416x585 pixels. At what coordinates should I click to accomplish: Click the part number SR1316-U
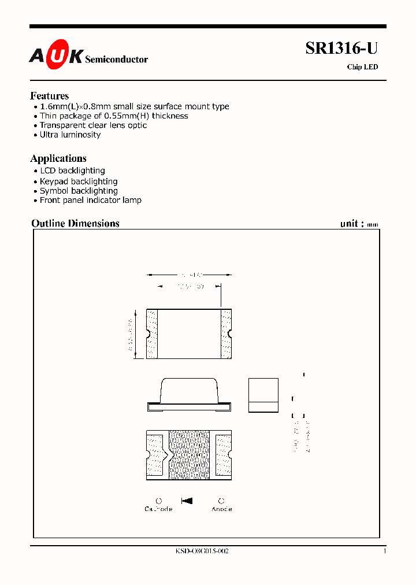click(x=341, y=50)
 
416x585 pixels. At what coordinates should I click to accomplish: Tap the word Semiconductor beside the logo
click(x=116, y=60)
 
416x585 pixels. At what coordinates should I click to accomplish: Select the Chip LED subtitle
click(x=362, y=67)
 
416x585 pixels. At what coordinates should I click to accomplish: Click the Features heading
click(x=49, y=96)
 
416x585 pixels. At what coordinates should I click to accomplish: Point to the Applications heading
click(x=58, y=158)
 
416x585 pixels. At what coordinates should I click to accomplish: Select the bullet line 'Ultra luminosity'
click(x=70, y=135)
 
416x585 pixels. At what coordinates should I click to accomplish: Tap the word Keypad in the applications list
click(x=54, y=182)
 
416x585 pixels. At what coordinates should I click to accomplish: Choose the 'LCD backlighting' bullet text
click(x=72, y=171)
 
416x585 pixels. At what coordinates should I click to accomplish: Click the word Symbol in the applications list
click(x=54, y=191)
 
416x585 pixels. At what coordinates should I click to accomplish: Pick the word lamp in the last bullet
click(x=132, y=200)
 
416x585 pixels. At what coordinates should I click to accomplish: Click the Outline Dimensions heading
click(x=75, y=223)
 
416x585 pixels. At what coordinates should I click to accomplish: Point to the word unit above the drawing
click(x=350, y=223)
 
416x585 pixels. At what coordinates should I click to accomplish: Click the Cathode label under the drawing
click(x=158, y=509)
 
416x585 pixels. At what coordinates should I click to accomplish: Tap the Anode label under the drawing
click(x=221, y=509)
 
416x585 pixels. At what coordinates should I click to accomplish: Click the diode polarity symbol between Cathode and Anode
click(x=187, y=501)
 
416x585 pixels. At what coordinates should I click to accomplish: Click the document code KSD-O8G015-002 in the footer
click(x=202, y=551)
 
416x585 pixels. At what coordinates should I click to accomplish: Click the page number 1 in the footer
click(x=384, y=551)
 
